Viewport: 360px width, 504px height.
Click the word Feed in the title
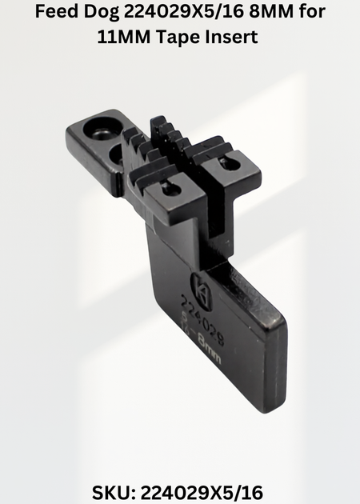[57, 11]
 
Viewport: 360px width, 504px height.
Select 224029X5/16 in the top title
[186, 12]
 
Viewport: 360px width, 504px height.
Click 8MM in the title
[273, 12]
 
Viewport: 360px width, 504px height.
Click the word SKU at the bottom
[113, 492]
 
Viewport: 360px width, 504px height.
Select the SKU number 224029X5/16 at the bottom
[202, 492]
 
